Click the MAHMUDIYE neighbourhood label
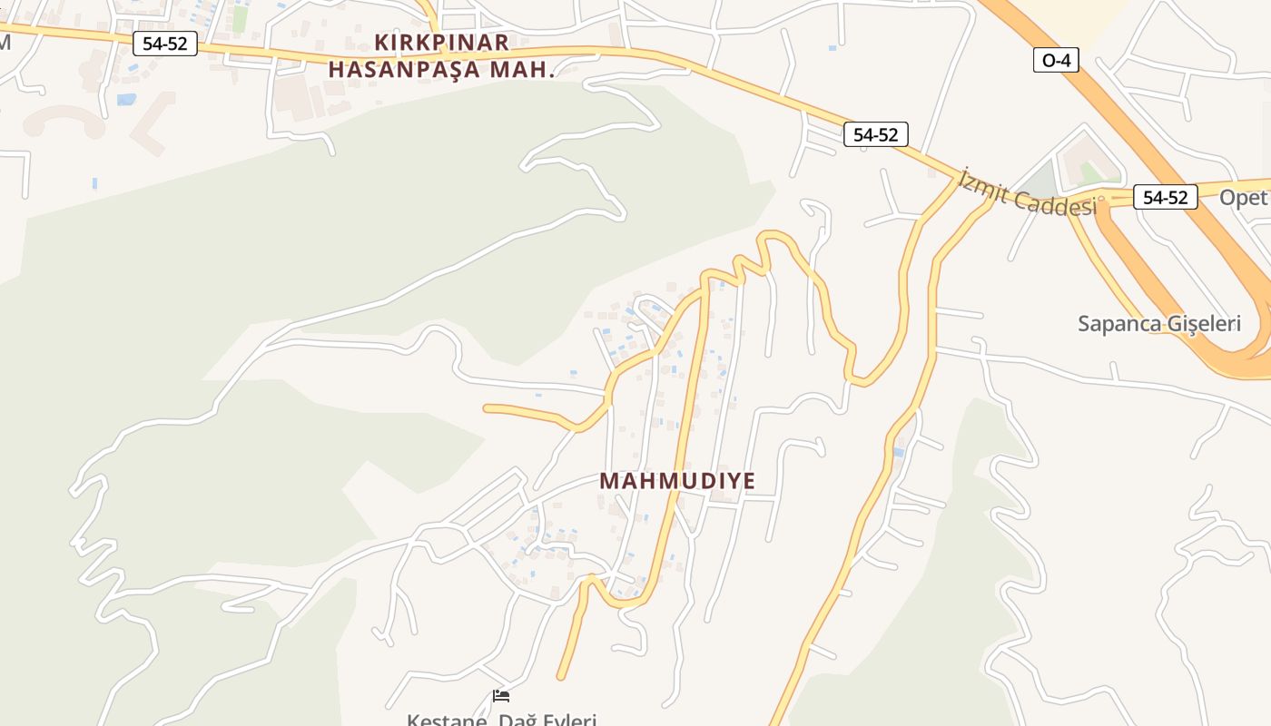coord(677,481)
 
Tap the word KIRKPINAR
coord(442,43)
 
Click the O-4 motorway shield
coord(1056,61)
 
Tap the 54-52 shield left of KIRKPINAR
coord(164,43)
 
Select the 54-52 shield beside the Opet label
coord(1165,197)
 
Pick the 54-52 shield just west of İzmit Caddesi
coord(875,134)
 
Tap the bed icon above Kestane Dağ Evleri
coord(501,696)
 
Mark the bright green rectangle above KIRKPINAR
coord(240,19)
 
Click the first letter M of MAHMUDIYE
coord(609,481)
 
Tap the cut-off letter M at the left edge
coord(4,43)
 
